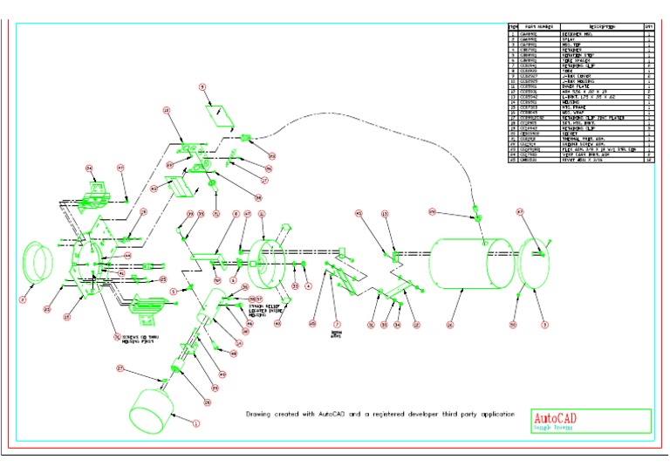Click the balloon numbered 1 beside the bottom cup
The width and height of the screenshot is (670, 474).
click(195, 424)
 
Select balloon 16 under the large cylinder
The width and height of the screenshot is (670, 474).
click(450, 325)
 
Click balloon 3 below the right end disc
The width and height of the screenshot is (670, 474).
click(544, 325)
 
